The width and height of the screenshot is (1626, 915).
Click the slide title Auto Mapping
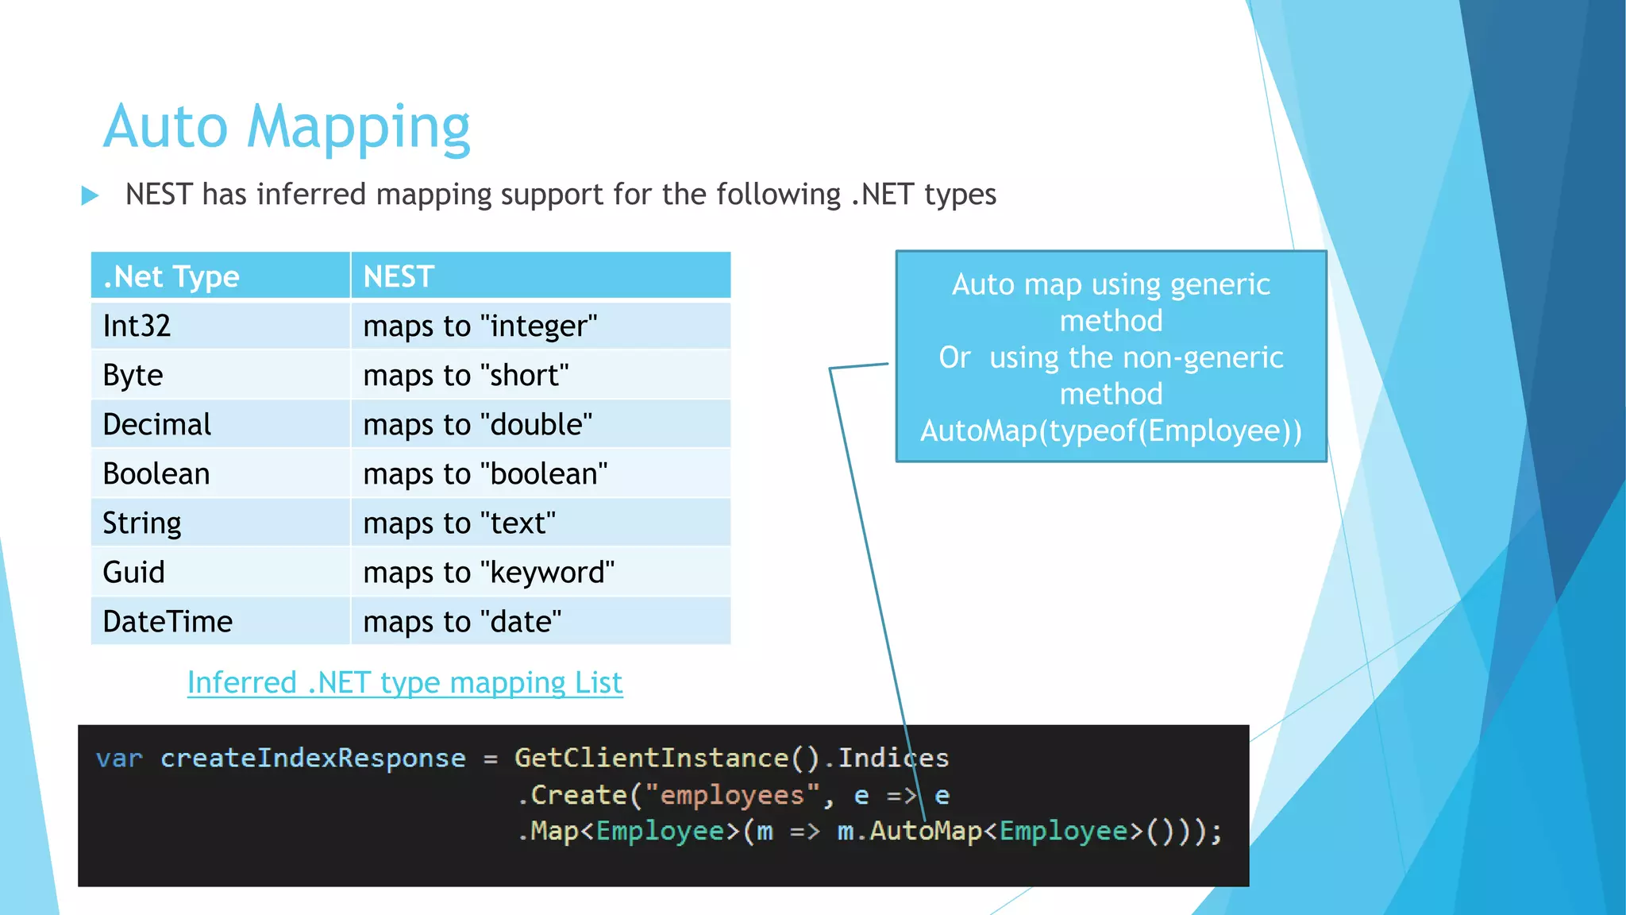click(x=287, y=127)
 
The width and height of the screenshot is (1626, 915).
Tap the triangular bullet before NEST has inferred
click(x=90, y=195)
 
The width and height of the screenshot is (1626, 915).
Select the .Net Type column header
click(x=171, y=276)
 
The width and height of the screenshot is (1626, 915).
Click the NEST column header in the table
click(x=399, y=276)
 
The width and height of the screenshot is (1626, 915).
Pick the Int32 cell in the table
click(x=137, y=326)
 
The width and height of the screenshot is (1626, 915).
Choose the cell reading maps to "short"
click(x=466, y=375)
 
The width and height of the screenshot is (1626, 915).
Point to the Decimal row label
click(x=157, y=424)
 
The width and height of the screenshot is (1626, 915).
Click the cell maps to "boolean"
click(x=485, y=473)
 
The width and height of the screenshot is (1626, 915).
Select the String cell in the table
click(x=142, y=523)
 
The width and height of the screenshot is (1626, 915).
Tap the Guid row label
click(x=133, y=572)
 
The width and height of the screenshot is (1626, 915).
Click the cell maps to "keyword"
click(x=488, y=572)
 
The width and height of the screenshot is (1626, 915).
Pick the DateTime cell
click(x=168, y=621)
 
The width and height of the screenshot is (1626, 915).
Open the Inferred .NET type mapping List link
click(x=405, y=682)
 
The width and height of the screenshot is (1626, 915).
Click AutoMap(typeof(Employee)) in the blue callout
click(x=1111, y=430)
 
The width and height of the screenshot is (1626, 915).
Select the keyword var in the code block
click(x=119, y=759)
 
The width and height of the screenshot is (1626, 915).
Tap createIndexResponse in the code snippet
click(x=313, y=759)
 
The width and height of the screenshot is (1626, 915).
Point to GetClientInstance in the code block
click(x=651, y=759)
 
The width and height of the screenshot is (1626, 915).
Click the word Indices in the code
click(x=893, y=759)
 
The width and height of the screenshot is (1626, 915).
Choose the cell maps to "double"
click(x=477, y=424)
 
